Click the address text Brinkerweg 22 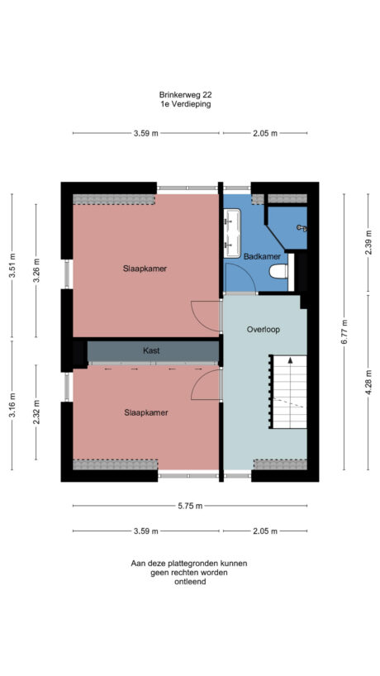click(x=189, y=95)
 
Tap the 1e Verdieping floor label click(x=189, y=105)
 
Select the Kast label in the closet click(x=150, y=350)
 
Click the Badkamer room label click(x=254, y=257)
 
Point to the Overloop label click(x=264, y=329)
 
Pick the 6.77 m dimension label click(x=345, y=331)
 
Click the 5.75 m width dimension click(x=189, y=506)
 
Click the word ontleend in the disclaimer click(x=189, y=582)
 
